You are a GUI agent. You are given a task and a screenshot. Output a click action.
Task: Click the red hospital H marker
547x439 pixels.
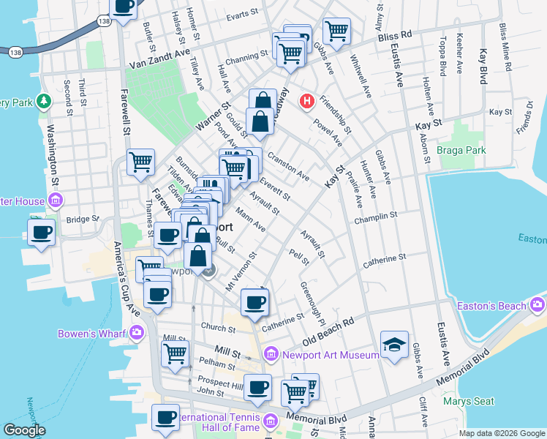pyautogui.click(x=307, y=100)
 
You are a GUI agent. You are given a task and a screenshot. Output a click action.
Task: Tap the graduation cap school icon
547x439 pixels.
pyautogui.click(x=395, y=344)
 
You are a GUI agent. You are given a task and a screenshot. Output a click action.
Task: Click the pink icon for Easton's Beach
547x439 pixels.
pyautogui.click(x=539, y=304)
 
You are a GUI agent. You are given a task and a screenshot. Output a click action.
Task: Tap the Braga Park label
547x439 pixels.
pyautogui.click(x=461, y=150)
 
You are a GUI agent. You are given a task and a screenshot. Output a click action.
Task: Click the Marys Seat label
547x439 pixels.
pyautogui.click(x=469, y=401)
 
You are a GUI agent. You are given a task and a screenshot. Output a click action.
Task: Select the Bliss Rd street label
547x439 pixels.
pyautogui.click(x=396, y=34)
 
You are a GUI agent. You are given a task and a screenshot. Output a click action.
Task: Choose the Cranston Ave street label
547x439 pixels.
pyautogui.click(x=287, y=168)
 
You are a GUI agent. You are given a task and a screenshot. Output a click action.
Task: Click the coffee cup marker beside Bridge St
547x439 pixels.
pyautogui.click(x=42, y=233)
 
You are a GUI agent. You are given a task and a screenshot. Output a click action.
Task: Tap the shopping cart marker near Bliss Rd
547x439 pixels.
pyautogui.click(x=336, y=31)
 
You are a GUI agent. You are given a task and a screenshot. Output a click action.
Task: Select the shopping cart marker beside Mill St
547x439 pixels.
pyautogui.click(x=175, y=353)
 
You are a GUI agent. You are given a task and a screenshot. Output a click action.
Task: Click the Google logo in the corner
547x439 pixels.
pyautogui.click(x=25, y=430)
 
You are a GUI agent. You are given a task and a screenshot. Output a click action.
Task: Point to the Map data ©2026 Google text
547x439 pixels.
pyautogui.click(x=501, y=433)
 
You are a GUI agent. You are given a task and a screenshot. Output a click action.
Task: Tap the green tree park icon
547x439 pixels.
pyautogui.click(x=44, y=100)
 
